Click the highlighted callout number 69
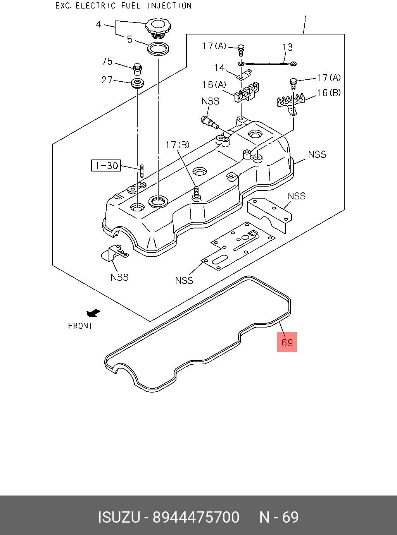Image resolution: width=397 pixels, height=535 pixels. [287, 343]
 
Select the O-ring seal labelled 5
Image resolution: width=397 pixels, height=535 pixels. [158, 49]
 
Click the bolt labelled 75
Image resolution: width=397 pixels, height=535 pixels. [138, 69]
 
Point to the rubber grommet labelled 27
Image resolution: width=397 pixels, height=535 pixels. [138, 83]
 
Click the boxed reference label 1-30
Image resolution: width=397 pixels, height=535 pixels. [106, 165]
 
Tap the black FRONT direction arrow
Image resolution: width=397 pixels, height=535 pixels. [93, 313]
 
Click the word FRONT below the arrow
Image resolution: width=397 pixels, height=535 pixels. [80, 326]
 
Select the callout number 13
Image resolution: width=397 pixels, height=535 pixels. [288, 47]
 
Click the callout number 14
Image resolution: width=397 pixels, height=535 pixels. [219, 68]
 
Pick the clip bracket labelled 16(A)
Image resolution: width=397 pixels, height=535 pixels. [247, 93]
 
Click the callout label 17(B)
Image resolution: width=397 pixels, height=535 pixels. [178, 145]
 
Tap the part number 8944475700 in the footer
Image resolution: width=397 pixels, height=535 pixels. [196, 517]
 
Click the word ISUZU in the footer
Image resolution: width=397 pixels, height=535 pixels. [119, 517]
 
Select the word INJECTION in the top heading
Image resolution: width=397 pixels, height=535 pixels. [170, 5]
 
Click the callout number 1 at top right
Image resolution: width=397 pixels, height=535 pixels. [306, 19]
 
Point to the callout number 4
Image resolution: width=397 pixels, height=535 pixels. [98, 24]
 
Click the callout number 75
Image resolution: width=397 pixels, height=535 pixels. [107, 61]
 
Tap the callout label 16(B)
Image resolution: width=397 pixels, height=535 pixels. [329, 93]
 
